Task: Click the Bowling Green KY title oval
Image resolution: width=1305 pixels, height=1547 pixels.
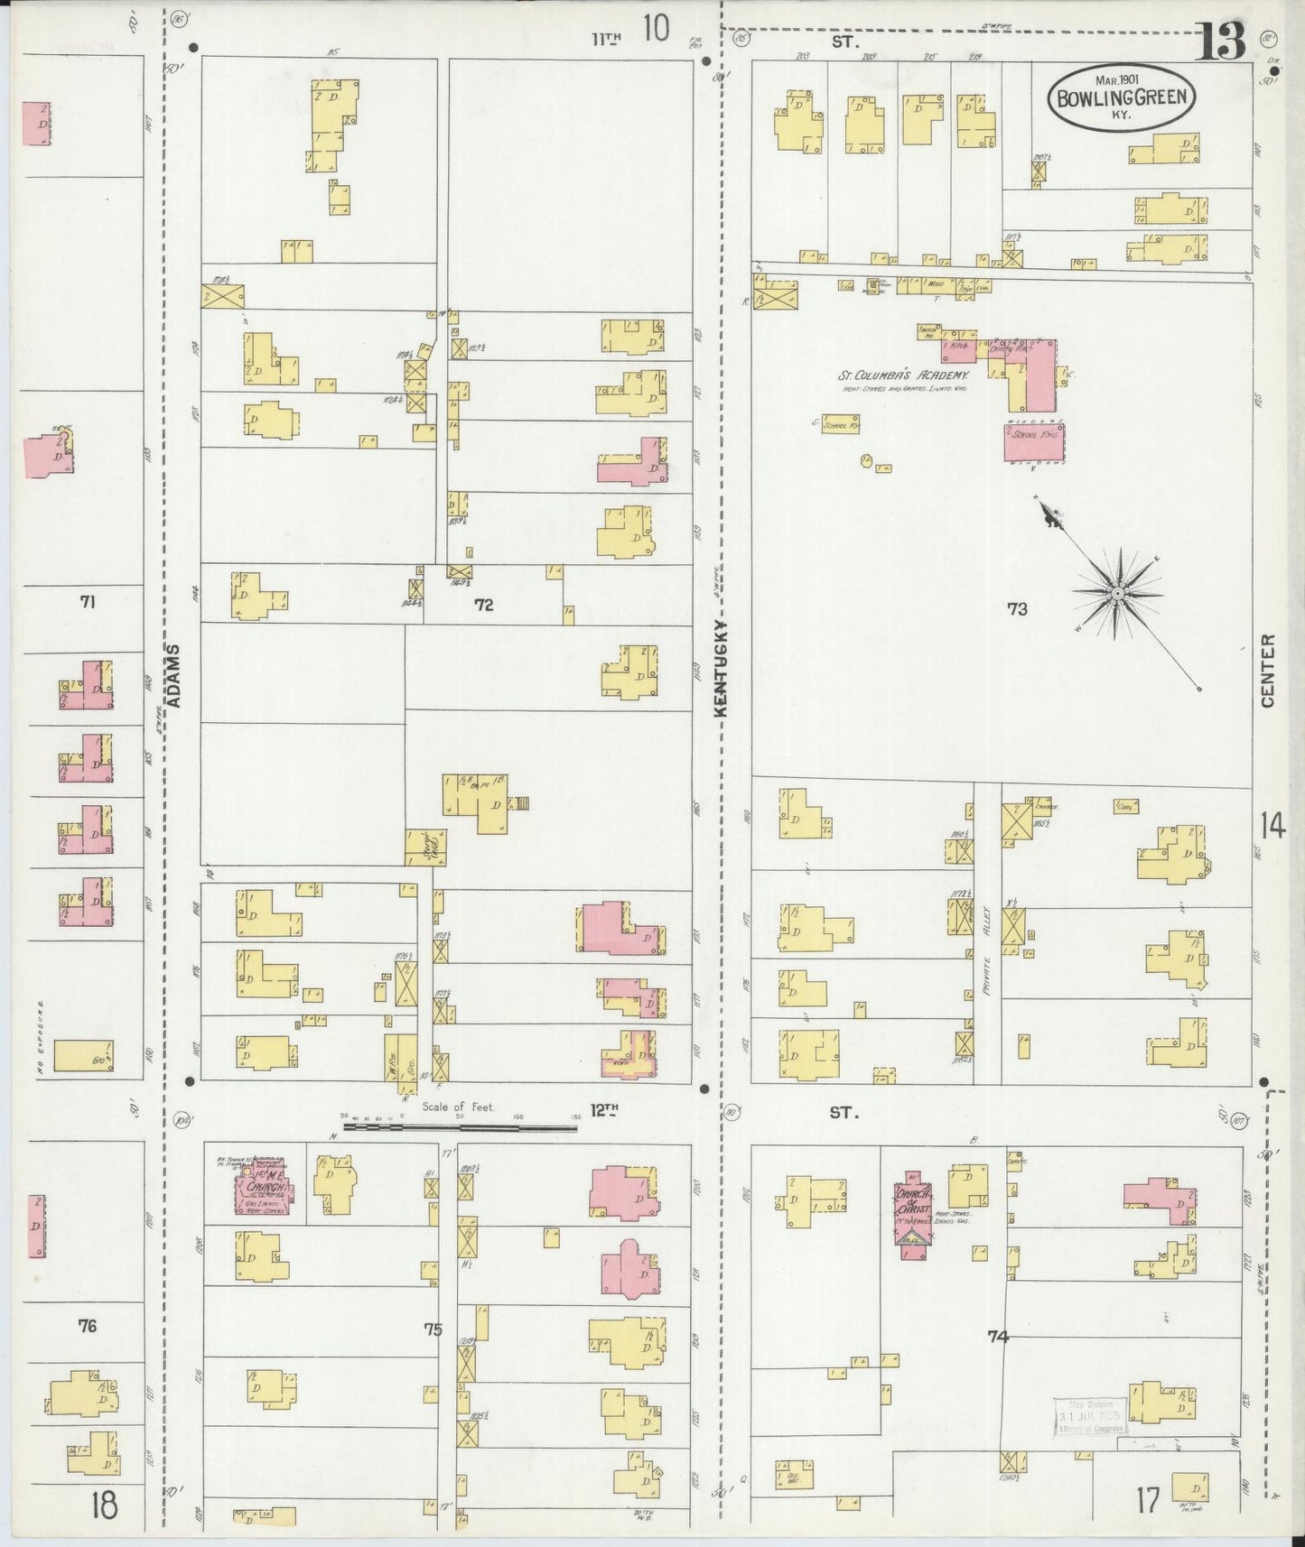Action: (x=1122, y=97)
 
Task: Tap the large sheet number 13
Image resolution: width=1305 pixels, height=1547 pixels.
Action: (x=1221, y=41)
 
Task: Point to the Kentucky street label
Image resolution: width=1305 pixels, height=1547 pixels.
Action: (x=721, y=668)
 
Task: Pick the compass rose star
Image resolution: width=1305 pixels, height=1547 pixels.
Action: (x=1117, y=593)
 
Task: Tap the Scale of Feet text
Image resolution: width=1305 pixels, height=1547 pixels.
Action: (x=458, y=1107)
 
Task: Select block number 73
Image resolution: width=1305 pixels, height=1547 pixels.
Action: (x=1017, y=609)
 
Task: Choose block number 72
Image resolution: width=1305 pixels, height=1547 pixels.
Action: (x=484, y=605)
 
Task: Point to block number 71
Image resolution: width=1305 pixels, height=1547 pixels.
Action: (x=87, y=601)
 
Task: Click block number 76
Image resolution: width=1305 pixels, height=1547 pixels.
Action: (x=87, y=1326)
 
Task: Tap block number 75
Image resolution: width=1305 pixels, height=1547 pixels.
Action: (x=433, y=1329)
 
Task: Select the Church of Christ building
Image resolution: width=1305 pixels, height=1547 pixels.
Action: (x=912, y=1211)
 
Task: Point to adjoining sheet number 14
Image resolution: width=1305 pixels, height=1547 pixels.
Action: (x=1272, y=826)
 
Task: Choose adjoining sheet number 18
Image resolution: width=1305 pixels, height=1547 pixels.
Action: (x=104, y=1505)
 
